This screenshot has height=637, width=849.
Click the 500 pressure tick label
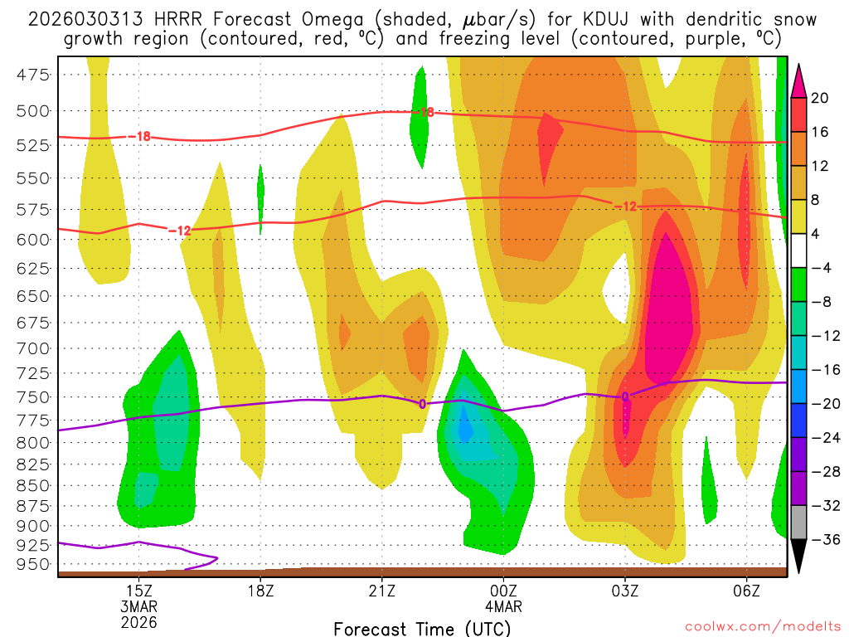(33, 110)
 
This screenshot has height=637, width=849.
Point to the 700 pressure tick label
(33, 348)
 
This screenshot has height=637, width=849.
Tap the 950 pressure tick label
(33, 564)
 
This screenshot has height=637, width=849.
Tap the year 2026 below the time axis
(138, 621)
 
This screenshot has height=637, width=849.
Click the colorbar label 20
(820, 98)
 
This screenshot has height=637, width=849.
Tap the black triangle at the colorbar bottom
(798, 557)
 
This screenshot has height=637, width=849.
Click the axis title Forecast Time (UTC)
(421, 629)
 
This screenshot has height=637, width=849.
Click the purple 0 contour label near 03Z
(625, 396)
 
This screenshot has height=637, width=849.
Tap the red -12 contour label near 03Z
(624, 206)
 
